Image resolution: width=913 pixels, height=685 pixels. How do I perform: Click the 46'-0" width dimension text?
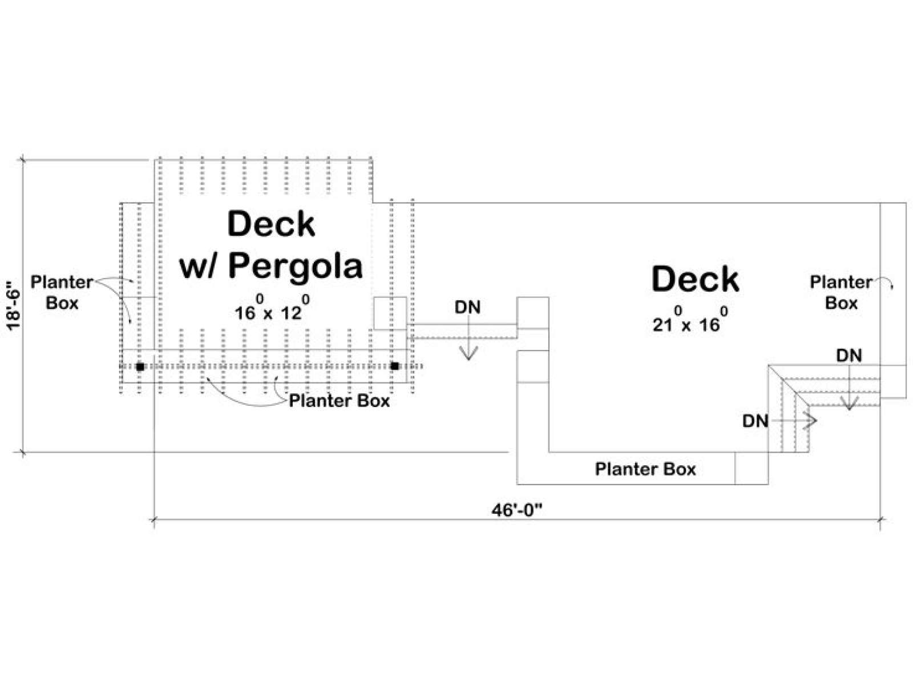517,510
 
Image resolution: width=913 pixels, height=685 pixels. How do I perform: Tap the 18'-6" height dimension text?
14,305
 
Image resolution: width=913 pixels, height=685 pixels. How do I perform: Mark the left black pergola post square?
140,367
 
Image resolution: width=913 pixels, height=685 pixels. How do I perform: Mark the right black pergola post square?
395,366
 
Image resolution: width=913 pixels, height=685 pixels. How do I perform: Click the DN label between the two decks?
468,307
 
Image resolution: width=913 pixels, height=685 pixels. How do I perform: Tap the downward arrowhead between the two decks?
469,353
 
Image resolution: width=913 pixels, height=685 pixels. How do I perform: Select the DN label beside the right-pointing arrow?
756,421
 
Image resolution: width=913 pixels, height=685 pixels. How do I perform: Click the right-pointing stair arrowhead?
811,421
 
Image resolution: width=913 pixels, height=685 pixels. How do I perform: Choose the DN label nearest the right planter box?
849,356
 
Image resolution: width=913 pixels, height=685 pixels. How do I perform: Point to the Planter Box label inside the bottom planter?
645,469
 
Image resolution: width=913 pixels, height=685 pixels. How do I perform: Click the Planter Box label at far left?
62,293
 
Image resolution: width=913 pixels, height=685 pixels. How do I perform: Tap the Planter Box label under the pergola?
340,401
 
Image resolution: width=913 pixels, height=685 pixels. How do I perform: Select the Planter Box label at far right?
841,293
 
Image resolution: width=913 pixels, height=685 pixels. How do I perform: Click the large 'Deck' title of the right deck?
695,279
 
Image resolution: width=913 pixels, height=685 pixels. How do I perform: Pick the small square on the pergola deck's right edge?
390,313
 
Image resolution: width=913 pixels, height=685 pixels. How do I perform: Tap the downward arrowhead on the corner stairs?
849,404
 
